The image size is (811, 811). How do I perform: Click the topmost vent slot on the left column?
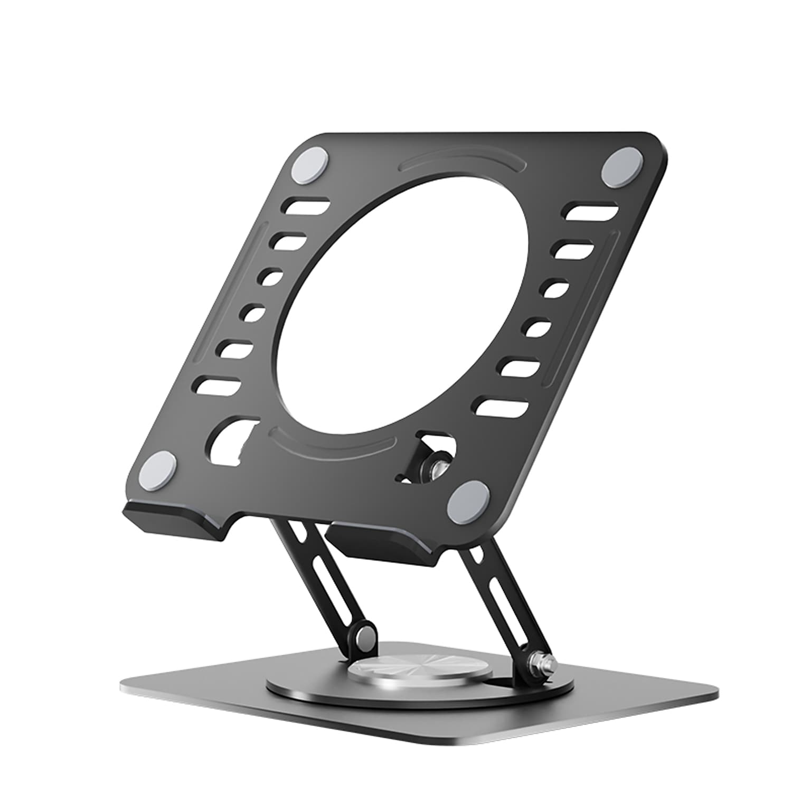[x=307, y=205]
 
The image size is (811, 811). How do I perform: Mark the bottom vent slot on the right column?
[x=502, y=405]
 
